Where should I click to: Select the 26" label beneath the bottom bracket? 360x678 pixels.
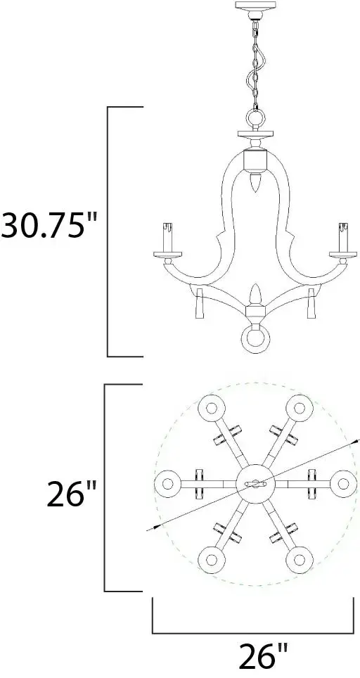(x=263, y=656)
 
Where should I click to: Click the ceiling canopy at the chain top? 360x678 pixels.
(x=255, y=9)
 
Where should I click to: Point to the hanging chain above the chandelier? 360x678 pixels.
(x=255, y=64)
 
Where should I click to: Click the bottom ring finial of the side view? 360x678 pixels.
(x=255, y=340)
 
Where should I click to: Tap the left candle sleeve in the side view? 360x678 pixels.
(x=167, y=237)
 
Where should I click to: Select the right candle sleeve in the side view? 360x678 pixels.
(x=343, y=237)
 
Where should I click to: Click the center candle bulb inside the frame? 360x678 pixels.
(x=255, y=182)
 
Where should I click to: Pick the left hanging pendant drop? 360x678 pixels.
(x=200, y=303)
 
